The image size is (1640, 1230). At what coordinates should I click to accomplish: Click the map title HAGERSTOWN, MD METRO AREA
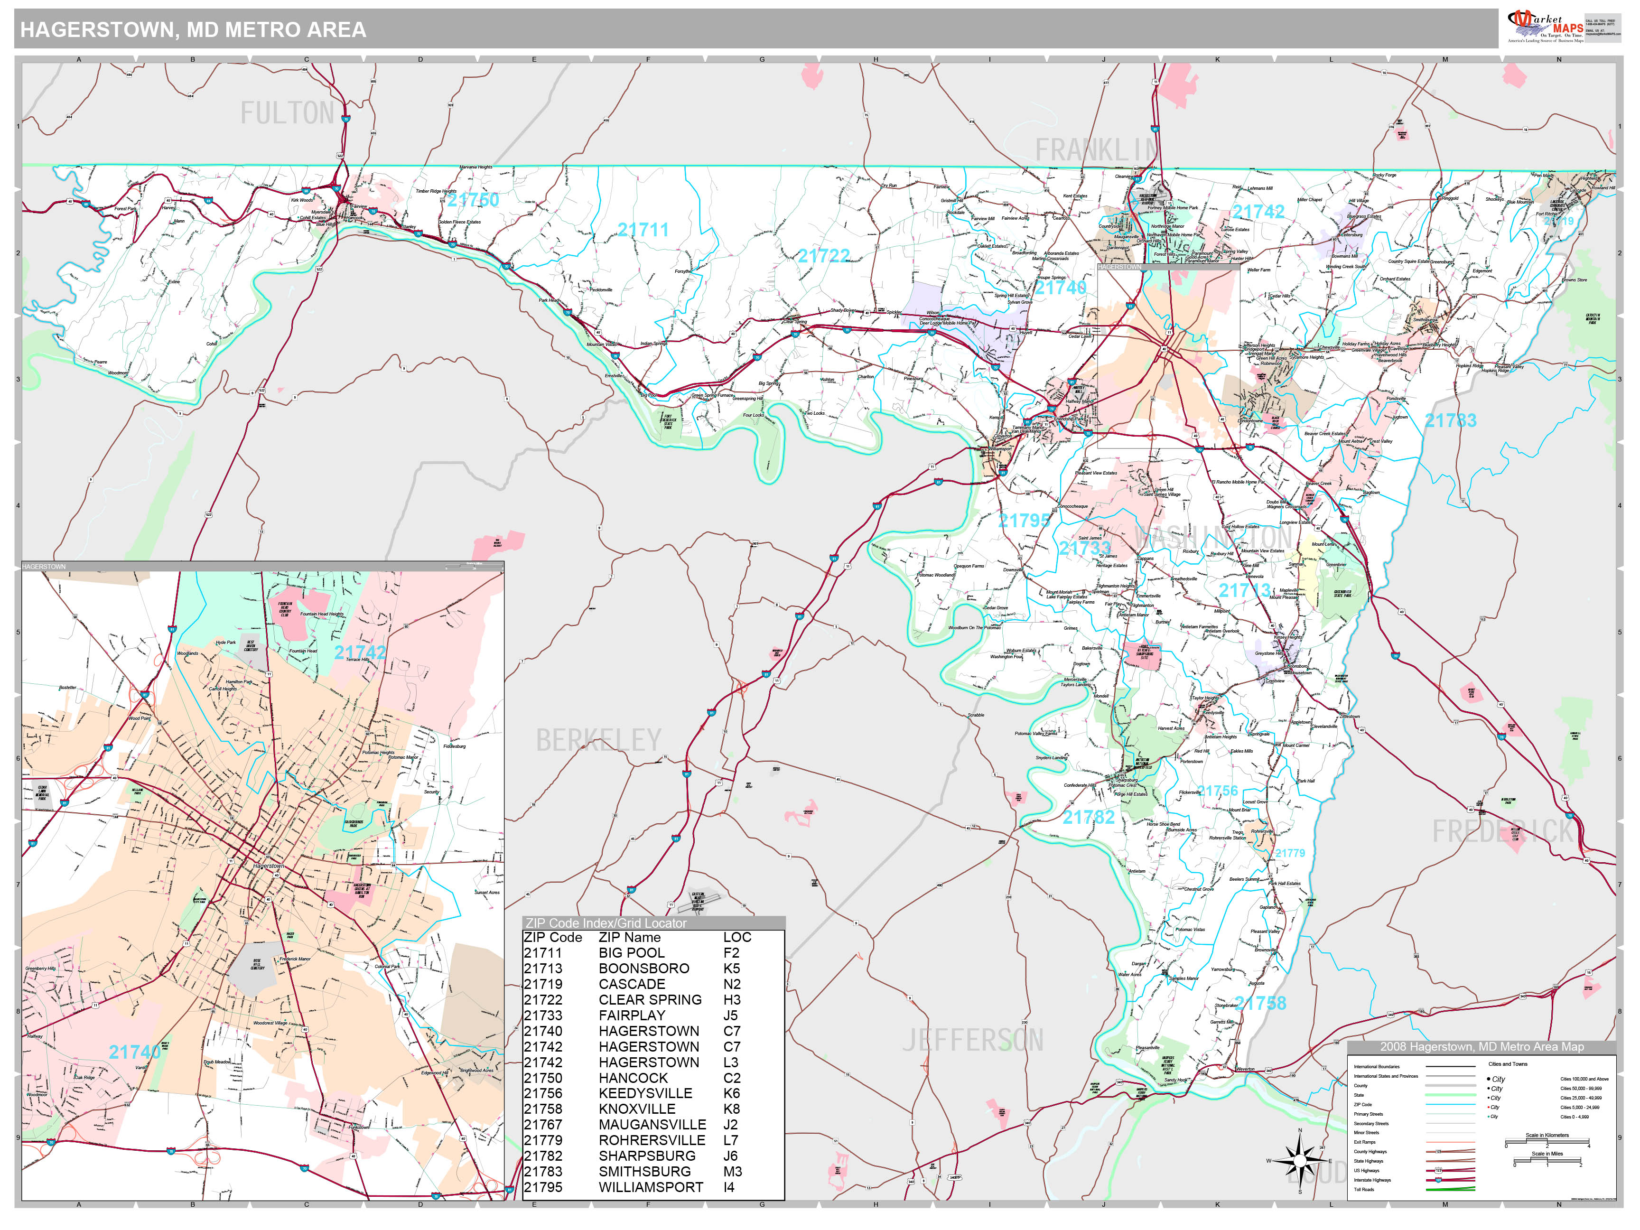[x=193, y=29]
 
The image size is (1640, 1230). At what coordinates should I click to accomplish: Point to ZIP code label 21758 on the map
[x=1260, y=1004]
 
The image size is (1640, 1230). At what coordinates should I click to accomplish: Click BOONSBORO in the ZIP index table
[x=643, y=968]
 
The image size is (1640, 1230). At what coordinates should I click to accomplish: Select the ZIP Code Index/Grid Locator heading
[x=606, y=923]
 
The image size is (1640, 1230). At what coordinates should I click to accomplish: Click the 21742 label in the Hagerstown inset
[x=360, y=652]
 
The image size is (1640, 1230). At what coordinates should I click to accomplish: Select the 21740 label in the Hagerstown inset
[x=134, y=1052]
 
